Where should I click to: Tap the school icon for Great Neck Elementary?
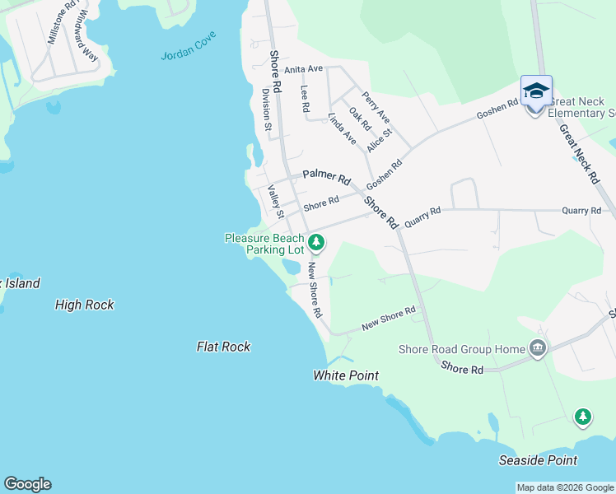pyautogui.click(x=535, y=91)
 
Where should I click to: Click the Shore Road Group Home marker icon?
pyautogui.click(x=538, y=349)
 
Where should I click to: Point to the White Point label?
pyautogui.click(x=346, y=375)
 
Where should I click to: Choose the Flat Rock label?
pyautogui.click(x=223, y=347)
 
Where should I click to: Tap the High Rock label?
pyautogui.click(x=84, y=305)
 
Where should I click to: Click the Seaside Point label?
pyautogui.click(x=538, y=460)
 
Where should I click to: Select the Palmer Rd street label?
pyautogui.click(x=326, y=175)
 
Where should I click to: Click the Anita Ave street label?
pyautogui.click(x=305, y=69)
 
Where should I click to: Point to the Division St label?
pyautogui.click(x=267, y=110)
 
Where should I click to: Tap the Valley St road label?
pyautogui.click(x=276, y=201)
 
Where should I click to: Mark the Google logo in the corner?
pyautogui.click(x=27, y=484)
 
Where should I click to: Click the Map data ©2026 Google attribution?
pyautogui.click(x=565, y=487)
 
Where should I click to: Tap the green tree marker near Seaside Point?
pyautogui.click(x=583, y=417)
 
